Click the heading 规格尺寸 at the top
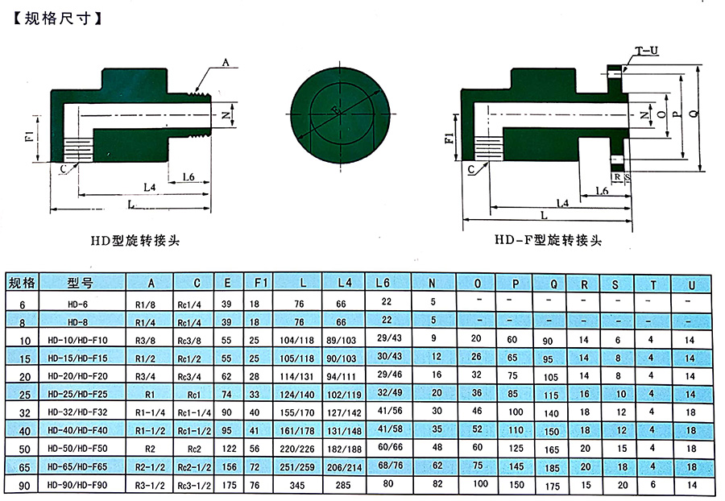pyautogui.click(x=58, y=15)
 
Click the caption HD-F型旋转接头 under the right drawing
pyautogui.click(x=548, y=240)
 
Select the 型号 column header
pyautogui.click(x=82, y=283)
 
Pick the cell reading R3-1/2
pyautogui.click(x=151, y=485)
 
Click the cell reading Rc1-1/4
pyautogui.click(x=196, y=411)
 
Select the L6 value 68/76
pyautogui.click(x=388, y=465)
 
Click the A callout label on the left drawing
pyautogui.click(x=225, y=62)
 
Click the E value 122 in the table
pyautogui.click(x=227, y=448)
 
